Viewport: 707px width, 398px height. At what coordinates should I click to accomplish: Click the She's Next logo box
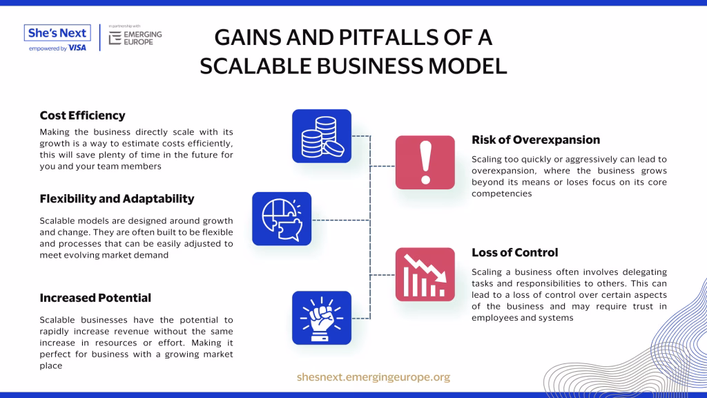point(57,33)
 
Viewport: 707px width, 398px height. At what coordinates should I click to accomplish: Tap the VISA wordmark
point(77,48)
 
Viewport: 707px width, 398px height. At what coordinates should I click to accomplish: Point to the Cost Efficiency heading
point(83,115)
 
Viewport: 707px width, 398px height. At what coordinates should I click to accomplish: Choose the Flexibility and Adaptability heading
point(117,199)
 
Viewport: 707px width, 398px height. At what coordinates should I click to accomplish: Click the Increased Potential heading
point(95,298)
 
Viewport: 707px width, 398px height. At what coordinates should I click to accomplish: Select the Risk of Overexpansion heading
point(536,140)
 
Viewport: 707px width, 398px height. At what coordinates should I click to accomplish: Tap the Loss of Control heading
point(515,253)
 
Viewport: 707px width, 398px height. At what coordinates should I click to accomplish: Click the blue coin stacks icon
point(322,136)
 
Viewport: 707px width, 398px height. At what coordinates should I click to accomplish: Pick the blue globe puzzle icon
point(282,219)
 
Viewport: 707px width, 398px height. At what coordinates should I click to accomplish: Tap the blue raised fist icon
point(322,318)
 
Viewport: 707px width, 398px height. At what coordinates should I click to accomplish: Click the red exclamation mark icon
point(425,162)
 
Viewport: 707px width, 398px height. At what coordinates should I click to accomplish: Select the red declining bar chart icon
point(425,274)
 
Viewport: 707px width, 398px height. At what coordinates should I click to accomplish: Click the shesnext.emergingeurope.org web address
point(374,377)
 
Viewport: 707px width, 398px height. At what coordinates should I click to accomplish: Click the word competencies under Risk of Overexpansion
point(502,193)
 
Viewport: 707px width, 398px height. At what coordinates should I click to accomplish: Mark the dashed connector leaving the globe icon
point(341,220)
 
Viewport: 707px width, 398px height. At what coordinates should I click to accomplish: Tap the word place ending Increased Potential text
point(51,366)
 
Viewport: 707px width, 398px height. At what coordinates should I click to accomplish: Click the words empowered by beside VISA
point(48,48)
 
